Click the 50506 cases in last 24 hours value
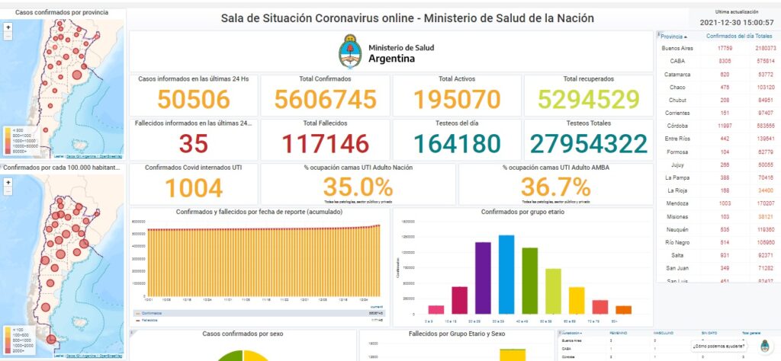pos(193,100)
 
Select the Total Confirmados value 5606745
pos(326,100)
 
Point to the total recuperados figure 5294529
pos(587,100)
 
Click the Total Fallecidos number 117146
pos(326,143)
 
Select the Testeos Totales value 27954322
pos(587,143)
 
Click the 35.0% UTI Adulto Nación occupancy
pos(358,187)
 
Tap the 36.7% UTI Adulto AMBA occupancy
pos(555,187)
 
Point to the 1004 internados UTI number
pos(193,187)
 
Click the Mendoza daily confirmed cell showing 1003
pos(725,204)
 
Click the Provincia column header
pos(673,36)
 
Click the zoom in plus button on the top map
pos(8,27)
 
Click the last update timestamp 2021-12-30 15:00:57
pos(734,22)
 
